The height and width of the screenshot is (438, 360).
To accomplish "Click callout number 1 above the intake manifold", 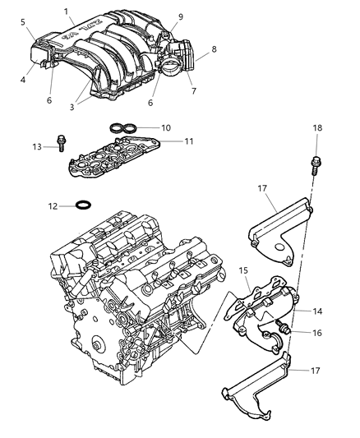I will (x=66, y=12).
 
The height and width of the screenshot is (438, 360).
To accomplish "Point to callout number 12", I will (x=53, y=205).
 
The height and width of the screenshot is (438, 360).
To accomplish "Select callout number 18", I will (x=317, y=128).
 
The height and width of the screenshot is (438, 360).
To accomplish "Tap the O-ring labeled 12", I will (x=82, y=205).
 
